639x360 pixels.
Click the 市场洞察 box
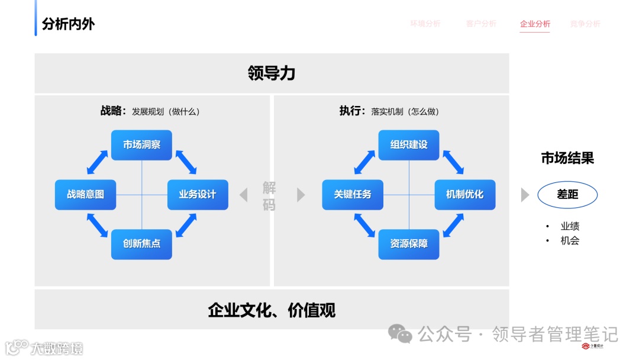(x=141, y=144)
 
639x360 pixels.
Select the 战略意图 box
(x=85, y=194)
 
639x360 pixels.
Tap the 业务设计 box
(x=198, y=194)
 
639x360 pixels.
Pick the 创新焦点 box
(x=141, y=244)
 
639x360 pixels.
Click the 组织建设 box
(x=409, y=144)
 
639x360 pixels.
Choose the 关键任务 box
(x=353, y=194)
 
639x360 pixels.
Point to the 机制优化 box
(x=465, y=194)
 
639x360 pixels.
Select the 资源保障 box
(x=409, y=244)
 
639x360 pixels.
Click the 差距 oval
(x=567, y=194)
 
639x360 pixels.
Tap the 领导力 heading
(x=272, y=73)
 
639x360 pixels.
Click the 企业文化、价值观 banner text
(x=272, y=310)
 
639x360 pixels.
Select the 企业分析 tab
(x=535, y=24)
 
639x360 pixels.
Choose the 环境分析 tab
(x=425, y=24)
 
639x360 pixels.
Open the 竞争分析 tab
(x=585, y=24)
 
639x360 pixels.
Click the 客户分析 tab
(x=481, y=24)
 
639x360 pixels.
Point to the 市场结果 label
(x=567, y=158)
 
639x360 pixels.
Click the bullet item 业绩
(x=570, y=226)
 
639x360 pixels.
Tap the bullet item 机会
(x=570, y=240)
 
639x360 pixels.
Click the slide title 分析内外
(x=68, y=24)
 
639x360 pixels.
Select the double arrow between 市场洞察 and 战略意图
(x=98, y=162)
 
